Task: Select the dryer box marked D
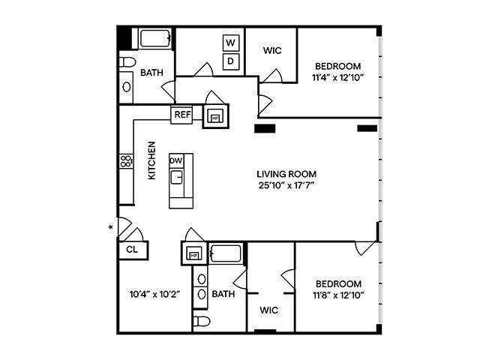pyautogui.click(x=232, y=61)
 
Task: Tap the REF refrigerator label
pyautogui.click(x=181, y=115)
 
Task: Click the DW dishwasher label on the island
pyautogui.click(x=175, y=161)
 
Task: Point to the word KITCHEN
pyautogui.click(x=151, y=160)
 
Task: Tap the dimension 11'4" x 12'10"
pyautogui.click(x=337, y=77)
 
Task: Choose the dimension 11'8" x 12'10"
pyautogui.click(x=337, y=295)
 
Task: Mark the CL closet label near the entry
pyautogui.click(x=132, y=250)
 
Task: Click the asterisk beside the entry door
pyautogui.click(x=111, y=226)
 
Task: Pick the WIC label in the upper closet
pyautogui.click(x=271, y=51)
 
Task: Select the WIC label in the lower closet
pyautogui.click(x=269, y=309)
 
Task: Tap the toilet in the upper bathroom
pyautogui.click(x=127, y=62)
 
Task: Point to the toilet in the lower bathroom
pyautogui.click(x=201, y=322)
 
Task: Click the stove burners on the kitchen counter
pyautogui.click(x=125, y=160)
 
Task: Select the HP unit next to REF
pyautogui.click(x=215, y=118)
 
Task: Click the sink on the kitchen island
pyautogui.click(x=178, y=177)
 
